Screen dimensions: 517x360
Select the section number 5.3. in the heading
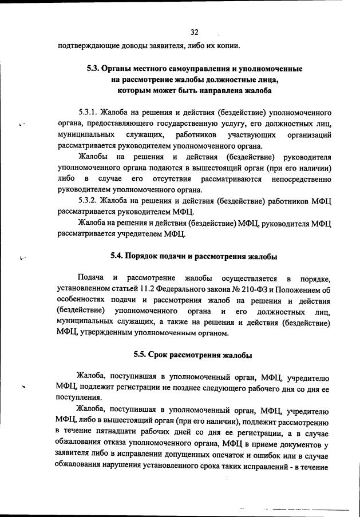(94, 69)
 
